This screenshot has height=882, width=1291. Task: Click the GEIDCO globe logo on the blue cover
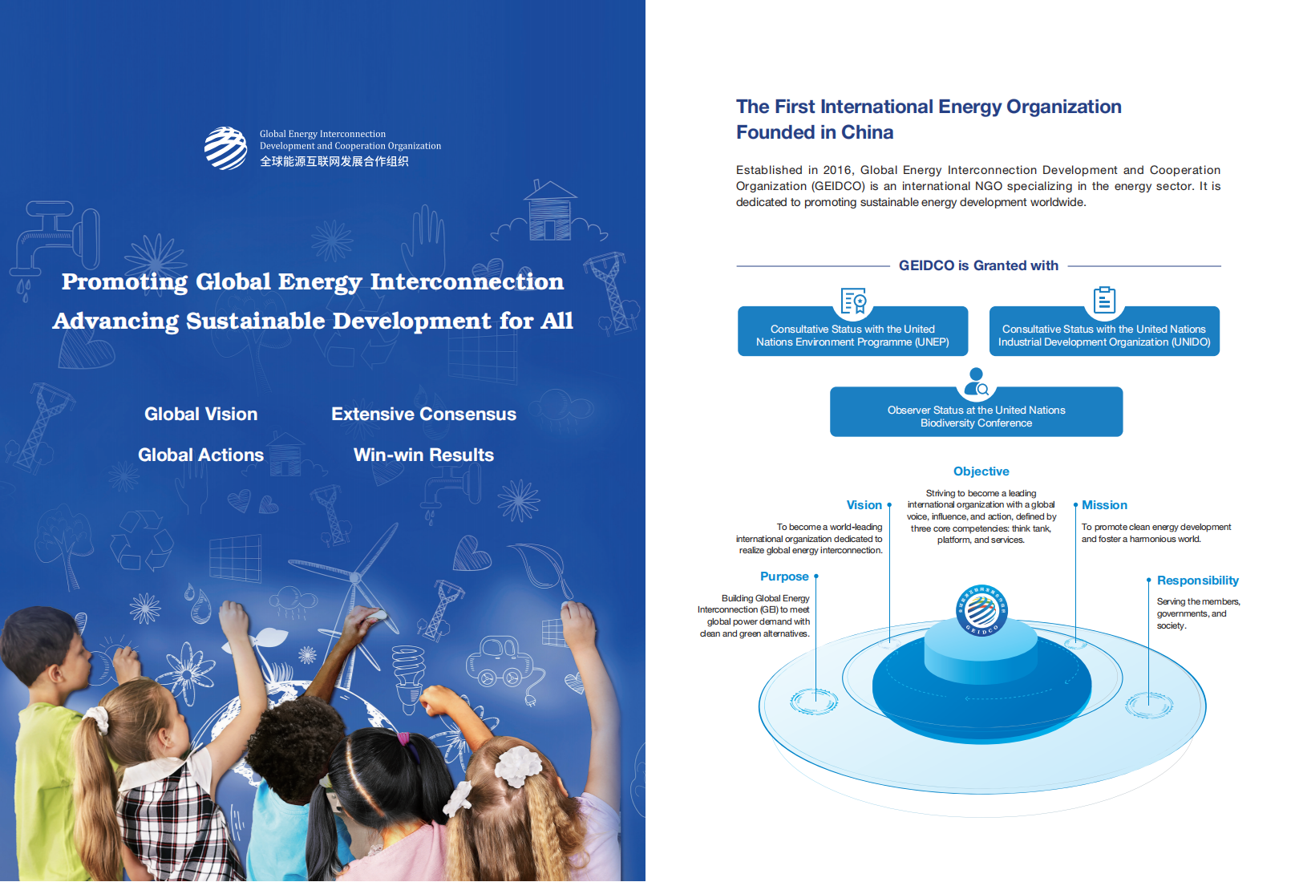click(226, 148)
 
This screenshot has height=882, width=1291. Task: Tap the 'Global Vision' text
click(200, 414)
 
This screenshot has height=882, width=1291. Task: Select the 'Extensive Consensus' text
click(423, 414)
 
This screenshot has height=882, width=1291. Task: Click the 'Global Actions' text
click(200, 455)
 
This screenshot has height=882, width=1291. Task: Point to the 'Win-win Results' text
click(423, 455)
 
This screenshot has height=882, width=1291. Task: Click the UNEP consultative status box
click(852, 331)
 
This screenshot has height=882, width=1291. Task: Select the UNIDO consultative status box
click(1104, 331)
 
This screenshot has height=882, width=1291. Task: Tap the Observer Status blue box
click(977, 411)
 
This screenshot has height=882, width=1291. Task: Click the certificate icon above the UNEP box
click(853, 301)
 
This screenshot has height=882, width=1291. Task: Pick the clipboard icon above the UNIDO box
click(1104, 300)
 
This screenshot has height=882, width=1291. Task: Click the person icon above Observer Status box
click(977, 382)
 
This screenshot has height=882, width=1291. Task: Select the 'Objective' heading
click(981, 471)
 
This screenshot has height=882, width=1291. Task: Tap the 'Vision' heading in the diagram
click(864, 505)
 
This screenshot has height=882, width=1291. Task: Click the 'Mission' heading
click(1104, 505)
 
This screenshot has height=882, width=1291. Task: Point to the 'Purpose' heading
click(784, 577)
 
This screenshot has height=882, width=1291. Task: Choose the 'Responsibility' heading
click(1198, 581)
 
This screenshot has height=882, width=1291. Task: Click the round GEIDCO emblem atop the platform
click(981, 610)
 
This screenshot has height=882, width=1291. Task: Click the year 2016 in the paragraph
click(837, 170)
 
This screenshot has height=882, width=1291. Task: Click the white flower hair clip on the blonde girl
click(518, 767)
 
